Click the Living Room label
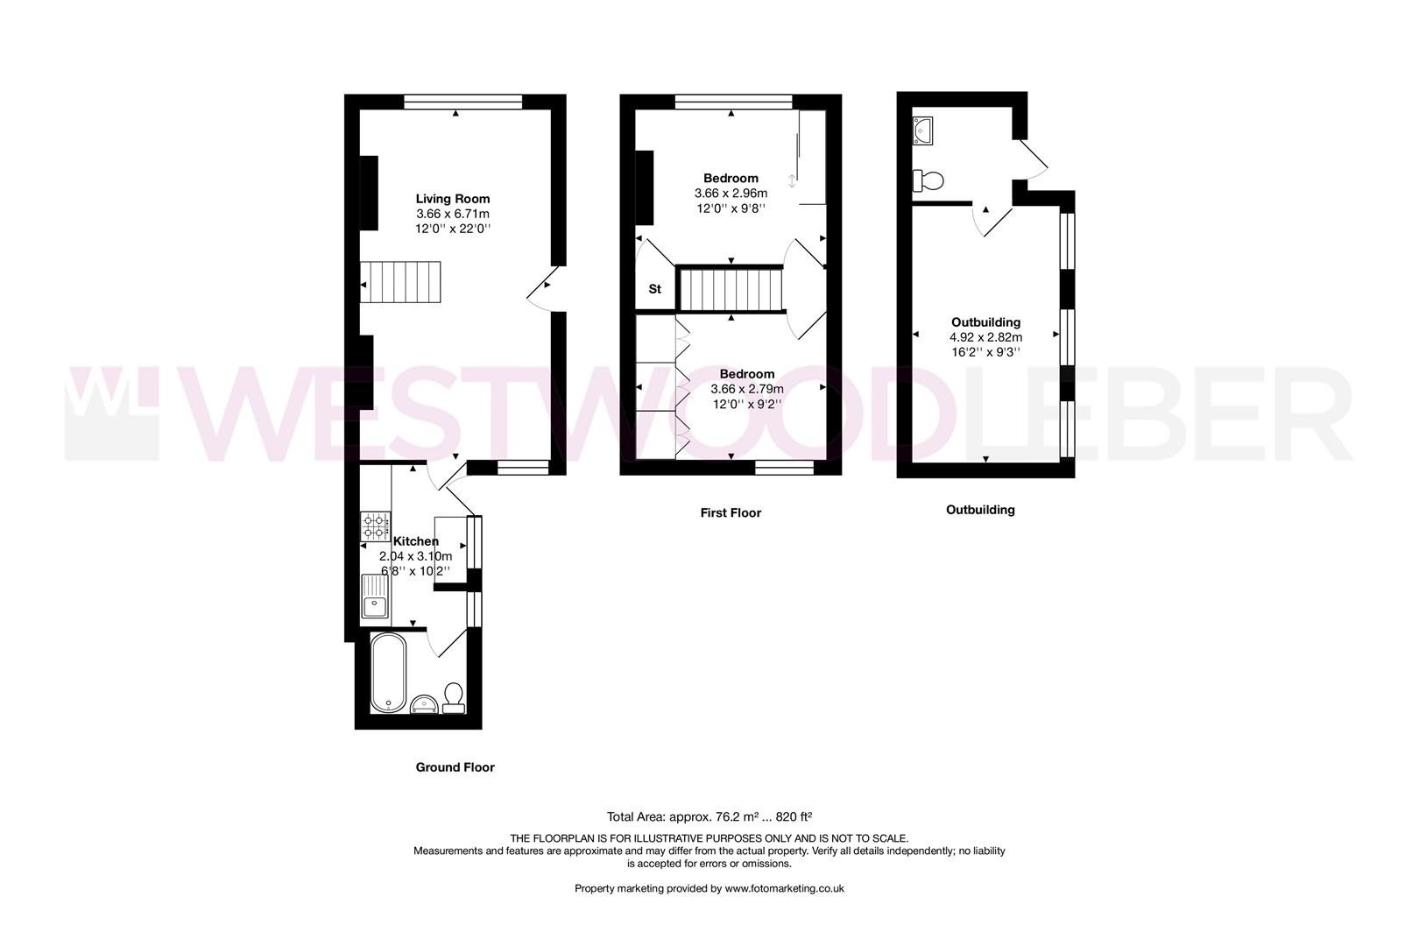pos(452,199)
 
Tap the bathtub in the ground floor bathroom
pos(388,673)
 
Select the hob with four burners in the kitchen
pos(374,526)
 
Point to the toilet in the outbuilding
pos(928,180)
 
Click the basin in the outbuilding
pos(923,130)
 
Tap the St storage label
pos(654,289)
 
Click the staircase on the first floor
pos(731,289)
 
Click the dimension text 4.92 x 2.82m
pos(985,337)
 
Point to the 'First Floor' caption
pos(731,513)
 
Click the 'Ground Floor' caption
pos(455,767)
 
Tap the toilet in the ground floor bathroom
pos(454,697)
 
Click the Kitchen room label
pos(415,541)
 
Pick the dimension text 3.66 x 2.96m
pos(731,194)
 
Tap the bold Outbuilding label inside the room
pos(985,322)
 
